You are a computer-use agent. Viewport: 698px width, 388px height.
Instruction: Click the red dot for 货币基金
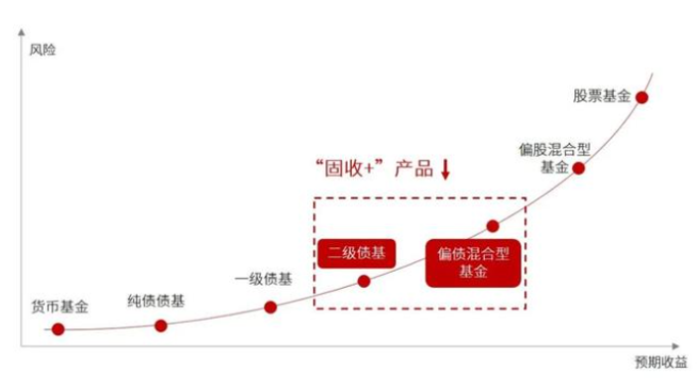click(58, 329)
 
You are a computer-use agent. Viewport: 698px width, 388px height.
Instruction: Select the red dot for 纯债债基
click(162, 325)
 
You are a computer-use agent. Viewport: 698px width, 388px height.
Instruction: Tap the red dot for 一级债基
click(271, 308)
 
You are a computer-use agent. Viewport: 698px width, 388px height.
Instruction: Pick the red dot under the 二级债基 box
click(364, 282)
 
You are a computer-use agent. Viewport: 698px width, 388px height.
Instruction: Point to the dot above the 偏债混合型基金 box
click(493, 226)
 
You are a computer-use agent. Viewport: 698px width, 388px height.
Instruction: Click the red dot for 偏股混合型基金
click(579, 168)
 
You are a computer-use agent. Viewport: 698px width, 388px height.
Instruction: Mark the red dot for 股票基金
click(641, 97)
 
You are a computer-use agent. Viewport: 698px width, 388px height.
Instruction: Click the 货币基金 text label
click(60, 308)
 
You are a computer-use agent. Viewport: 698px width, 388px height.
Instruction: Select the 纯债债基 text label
click(156, 301)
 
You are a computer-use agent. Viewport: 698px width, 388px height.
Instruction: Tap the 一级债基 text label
click(264, 279)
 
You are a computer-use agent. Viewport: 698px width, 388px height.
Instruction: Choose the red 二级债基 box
click(356, 253)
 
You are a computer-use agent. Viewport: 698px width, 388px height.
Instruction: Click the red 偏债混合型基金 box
click(473, 262)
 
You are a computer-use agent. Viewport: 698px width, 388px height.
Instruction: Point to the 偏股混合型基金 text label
click(554, 158)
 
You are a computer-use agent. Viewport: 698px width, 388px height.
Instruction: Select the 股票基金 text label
click(602, 96)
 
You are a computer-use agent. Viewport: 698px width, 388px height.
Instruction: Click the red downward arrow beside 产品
click(445, 170)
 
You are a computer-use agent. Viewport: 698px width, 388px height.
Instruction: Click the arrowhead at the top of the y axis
click(22, 35)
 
